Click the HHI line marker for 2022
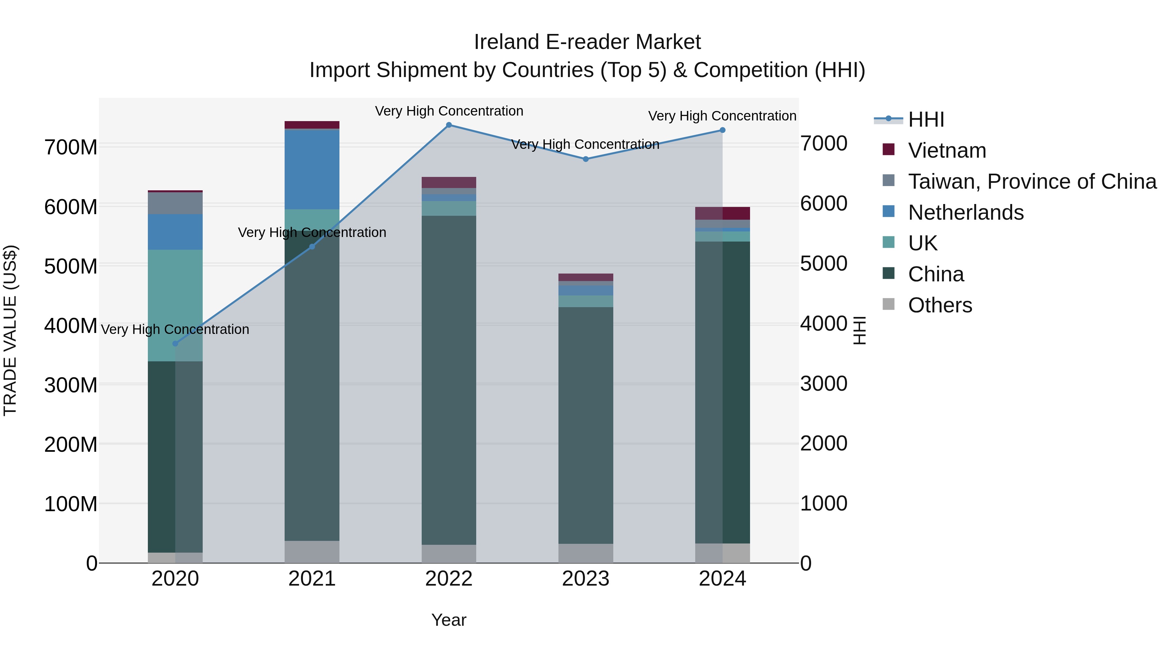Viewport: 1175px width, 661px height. point(449,125)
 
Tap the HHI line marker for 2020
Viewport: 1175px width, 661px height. point(175,343)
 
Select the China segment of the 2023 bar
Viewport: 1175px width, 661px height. point(586,424)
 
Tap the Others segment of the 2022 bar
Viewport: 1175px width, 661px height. point(449,554)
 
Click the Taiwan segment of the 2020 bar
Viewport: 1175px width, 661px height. point(175,203)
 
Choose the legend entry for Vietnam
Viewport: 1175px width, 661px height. point(947,150)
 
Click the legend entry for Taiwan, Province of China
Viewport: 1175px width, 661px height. point(1032,181)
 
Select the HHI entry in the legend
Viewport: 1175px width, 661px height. point(926,119)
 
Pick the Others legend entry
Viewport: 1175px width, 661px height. point(940,305)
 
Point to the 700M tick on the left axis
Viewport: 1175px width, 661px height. point(71,147)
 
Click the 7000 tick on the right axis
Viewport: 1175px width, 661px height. point(824,143)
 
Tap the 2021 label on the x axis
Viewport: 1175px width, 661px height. point(312,579)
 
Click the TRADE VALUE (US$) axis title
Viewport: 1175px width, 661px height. point(10,330)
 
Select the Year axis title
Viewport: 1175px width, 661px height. point(449,620)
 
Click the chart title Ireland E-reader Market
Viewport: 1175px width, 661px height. point(587,42)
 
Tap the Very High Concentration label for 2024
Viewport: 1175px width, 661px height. point(722,116)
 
